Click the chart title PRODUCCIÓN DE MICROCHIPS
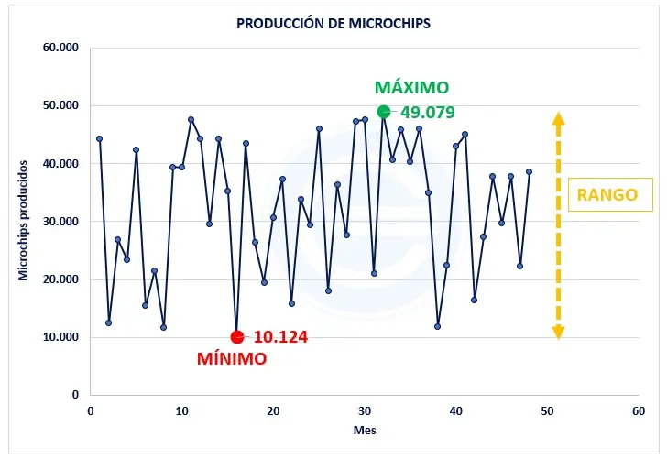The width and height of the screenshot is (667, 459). (333, 22)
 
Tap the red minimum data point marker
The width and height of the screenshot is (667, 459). (236, 336)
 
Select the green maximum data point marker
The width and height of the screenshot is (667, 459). (383, 112)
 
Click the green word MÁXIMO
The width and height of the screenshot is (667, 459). (411, 88)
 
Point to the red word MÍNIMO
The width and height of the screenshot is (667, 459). (232, 359)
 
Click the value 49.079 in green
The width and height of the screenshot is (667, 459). (428, 113)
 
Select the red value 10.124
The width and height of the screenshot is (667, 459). (280, 337)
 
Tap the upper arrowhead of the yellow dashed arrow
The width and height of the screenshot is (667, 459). (558, 117)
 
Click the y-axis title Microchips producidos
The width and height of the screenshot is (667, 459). (23, 220)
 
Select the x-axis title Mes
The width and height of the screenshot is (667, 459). (364, 430)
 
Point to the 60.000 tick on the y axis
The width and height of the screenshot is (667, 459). (60, 48)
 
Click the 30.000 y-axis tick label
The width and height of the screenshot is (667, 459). (60, 221)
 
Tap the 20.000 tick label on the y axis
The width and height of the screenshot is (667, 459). (60, 279)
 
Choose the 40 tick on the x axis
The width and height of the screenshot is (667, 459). (455, 411)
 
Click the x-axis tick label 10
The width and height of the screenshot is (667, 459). (181, 411)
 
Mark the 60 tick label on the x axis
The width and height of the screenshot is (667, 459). (639, 411)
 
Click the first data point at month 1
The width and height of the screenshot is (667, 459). (99, 139)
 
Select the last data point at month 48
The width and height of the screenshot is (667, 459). (529, 172)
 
